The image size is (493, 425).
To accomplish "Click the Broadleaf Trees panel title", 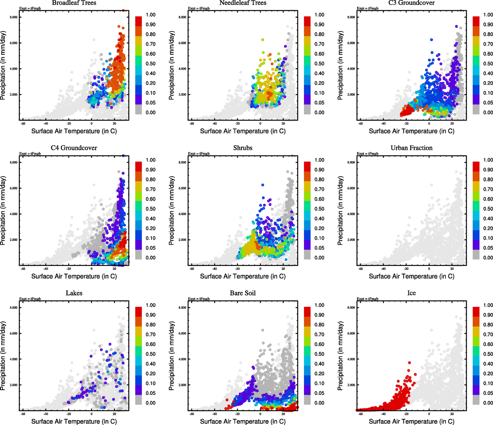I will (x=74, y=3).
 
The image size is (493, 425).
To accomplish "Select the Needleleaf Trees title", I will (x=243, y=3).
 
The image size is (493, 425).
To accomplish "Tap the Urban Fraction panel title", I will (x=412, y=148).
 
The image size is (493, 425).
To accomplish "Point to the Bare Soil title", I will (x=243, y=293).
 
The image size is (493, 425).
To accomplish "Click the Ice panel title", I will (x=412, y=293).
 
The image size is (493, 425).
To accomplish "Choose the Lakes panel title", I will (x=74, y=293).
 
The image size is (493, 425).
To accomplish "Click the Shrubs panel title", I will (x=243, y=148).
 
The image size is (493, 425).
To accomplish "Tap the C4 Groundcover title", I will (x=74, y=148).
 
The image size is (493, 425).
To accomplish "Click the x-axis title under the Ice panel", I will (x=412, y=421).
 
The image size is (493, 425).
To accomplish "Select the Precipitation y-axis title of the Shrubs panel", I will (x=172, y=211).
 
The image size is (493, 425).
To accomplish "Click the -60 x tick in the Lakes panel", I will (x=23, y=414).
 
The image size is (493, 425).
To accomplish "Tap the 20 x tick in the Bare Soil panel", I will (x=283, y=414).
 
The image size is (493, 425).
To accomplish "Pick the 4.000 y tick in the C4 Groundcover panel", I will (x=13, y=214).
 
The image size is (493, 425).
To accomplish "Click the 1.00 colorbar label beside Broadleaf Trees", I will (x=150, y=15).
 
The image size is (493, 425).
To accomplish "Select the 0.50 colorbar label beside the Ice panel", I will (x=488, y=354).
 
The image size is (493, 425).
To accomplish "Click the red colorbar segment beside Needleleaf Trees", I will (x=307, y=21).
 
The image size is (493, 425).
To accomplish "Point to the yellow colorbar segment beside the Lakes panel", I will (x=138, y=334).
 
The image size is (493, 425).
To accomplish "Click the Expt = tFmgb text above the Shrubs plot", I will (x=199, y=154).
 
